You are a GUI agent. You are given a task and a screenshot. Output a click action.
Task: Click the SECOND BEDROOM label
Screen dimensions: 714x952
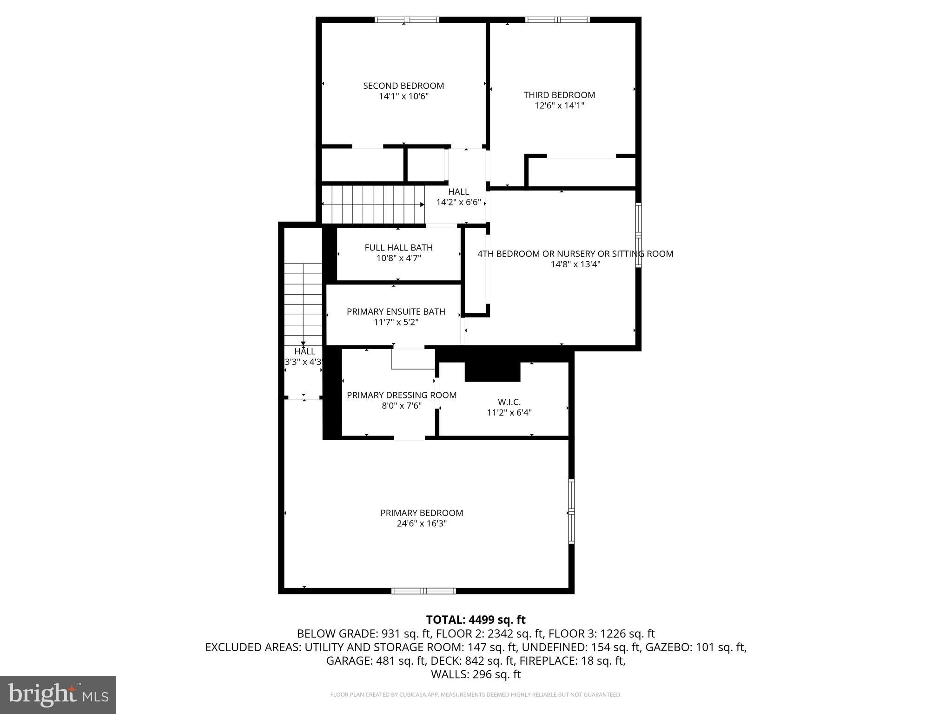pos(403,86)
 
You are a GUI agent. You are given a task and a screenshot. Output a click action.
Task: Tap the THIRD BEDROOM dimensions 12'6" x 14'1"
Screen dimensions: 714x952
pos(559,106)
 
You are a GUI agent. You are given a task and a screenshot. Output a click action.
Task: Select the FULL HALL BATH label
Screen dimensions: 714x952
pos(398,248)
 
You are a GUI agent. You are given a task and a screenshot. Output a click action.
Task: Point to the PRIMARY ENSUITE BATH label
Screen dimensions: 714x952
pos(396,311)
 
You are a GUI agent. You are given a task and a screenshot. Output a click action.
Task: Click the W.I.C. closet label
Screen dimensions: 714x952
pos(509,402)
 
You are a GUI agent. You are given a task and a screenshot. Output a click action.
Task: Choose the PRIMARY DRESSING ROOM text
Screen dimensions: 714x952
pos(402,395)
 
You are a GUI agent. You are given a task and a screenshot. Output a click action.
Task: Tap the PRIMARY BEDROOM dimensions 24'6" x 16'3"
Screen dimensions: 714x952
pos(422,523)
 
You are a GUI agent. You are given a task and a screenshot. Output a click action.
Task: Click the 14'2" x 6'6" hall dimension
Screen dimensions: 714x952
pos(458,202)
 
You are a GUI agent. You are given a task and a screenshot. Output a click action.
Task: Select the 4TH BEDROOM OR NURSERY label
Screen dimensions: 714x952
pos(575,254)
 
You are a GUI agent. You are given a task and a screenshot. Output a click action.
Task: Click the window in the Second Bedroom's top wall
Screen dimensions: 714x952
pos(407,20)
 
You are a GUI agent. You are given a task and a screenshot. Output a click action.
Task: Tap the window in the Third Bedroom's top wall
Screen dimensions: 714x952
pos(557,20)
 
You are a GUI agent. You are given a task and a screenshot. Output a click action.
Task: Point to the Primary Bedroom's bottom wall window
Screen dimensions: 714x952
pos(423,591)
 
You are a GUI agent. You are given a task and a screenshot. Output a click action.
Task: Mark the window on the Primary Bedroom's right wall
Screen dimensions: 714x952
pos(571,511)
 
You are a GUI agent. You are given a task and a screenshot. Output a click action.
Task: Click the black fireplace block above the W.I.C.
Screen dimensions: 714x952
pos(492,370)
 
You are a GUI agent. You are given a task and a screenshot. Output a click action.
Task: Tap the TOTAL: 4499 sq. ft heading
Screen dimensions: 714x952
pos(476,620)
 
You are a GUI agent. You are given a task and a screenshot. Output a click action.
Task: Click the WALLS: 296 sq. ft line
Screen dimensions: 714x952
pos(476,674)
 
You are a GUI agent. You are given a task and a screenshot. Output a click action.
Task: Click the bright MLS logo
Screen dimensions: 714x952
pos(58,694)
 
